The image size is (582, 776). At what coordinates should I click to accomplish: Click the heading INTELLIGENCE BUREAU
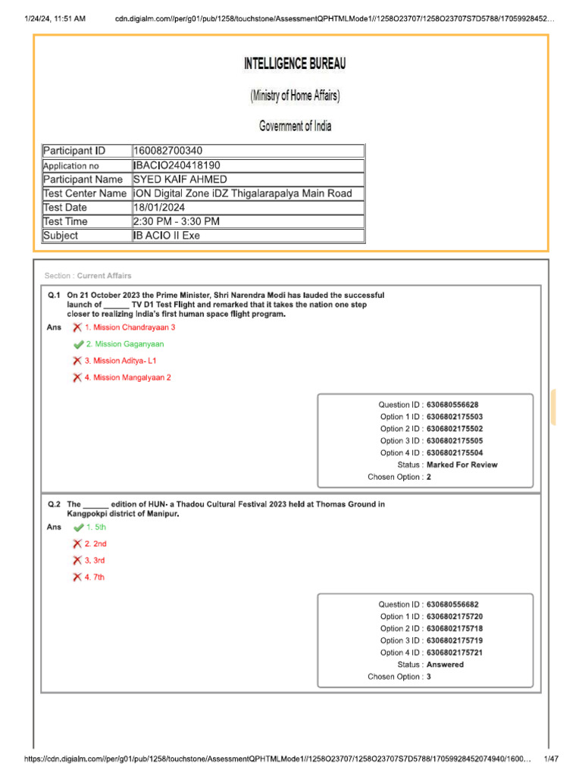(x=295, y=64)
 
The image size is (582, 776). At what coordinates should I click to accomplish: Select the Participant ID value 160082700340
(x=167, y=151)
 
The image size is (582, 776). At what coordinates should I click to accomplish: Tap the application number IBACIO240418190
(x=177, y=165)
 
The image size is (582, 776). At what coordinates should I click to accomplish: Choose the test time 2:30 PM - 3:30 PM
(x=176, y=221)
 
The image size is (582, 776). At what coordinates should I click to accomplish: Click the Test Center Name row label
(x=85, y=193)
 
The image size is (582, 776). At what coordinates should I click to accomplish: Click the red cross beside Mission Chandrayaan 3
(x=77, y=327)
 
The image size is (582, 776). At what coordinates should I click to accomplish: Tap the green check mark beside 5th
(x=78, y=527)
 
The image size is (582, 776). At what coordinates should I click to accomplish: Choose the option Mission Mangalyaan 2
(x=127, y=377)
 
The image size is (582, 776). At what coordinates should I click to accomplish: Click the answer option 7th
(x=95, y=577)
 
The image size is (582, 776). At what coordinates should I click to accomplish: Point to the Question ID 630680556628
(x=452, y=405)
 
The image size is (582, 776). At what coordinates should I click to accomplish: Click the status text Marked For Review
(x=462, y=465)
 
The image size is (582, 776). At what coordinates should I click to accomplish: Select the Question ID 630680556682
(x=452, y=604)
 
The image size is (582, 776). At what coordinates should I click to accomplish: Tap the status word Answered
(x=445, y=665)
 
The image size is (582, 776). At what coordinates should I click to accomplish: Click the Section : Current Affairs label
(x=88, y=276)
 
